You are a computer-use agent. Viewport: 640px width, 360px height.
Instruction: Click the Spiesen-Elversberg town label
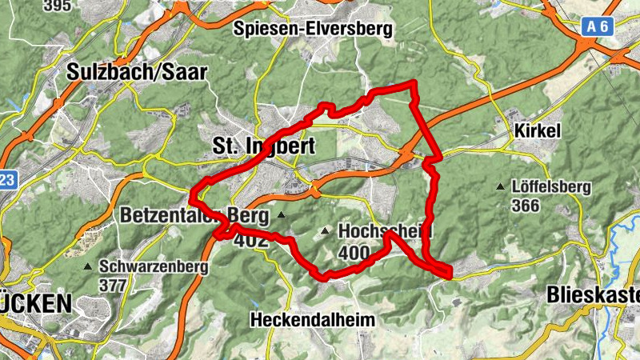tap(314, 29)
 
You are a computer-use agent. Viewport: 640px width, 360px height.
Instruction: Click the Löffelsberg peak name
tap(552, 188)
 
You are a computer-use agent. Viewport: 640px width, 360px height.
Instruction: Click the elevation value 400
tap(354, 254)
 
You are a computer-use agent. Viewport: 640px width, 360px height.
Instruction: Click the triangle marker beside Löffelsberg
tap(501, 187)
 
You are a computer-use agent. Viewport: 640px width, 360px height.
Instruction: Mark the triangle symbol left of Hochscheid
tap(325, 231)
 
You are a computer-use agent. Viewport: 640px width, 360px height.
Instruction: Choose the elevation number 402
tap(252, 238)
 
